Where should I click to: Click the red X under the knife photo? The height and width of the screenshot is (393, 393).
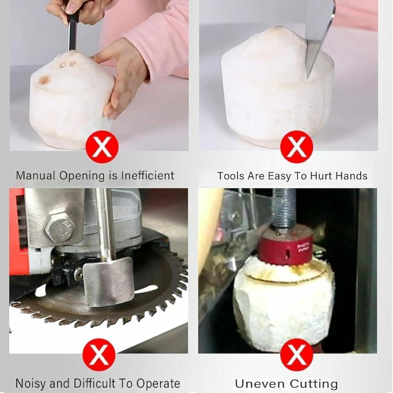[x=297, y=147]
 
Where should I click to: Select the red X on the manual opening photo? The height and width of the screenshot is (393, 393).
[x=102, y=147]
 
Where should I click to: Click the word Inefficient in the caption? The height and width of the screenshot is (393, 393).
[x=148, y=175]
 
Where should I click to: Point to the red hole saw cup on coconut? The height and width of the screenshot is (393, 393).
[x=286, y=245]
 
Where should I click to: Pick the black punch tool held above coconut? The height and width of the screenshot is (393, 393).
[x=72, y=34]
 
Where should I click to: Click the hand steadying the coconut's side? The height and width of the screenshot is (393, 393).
[x=123, y=79]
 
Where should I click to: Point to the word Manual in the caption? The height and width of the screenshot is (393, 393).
[x=35, y=175]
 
